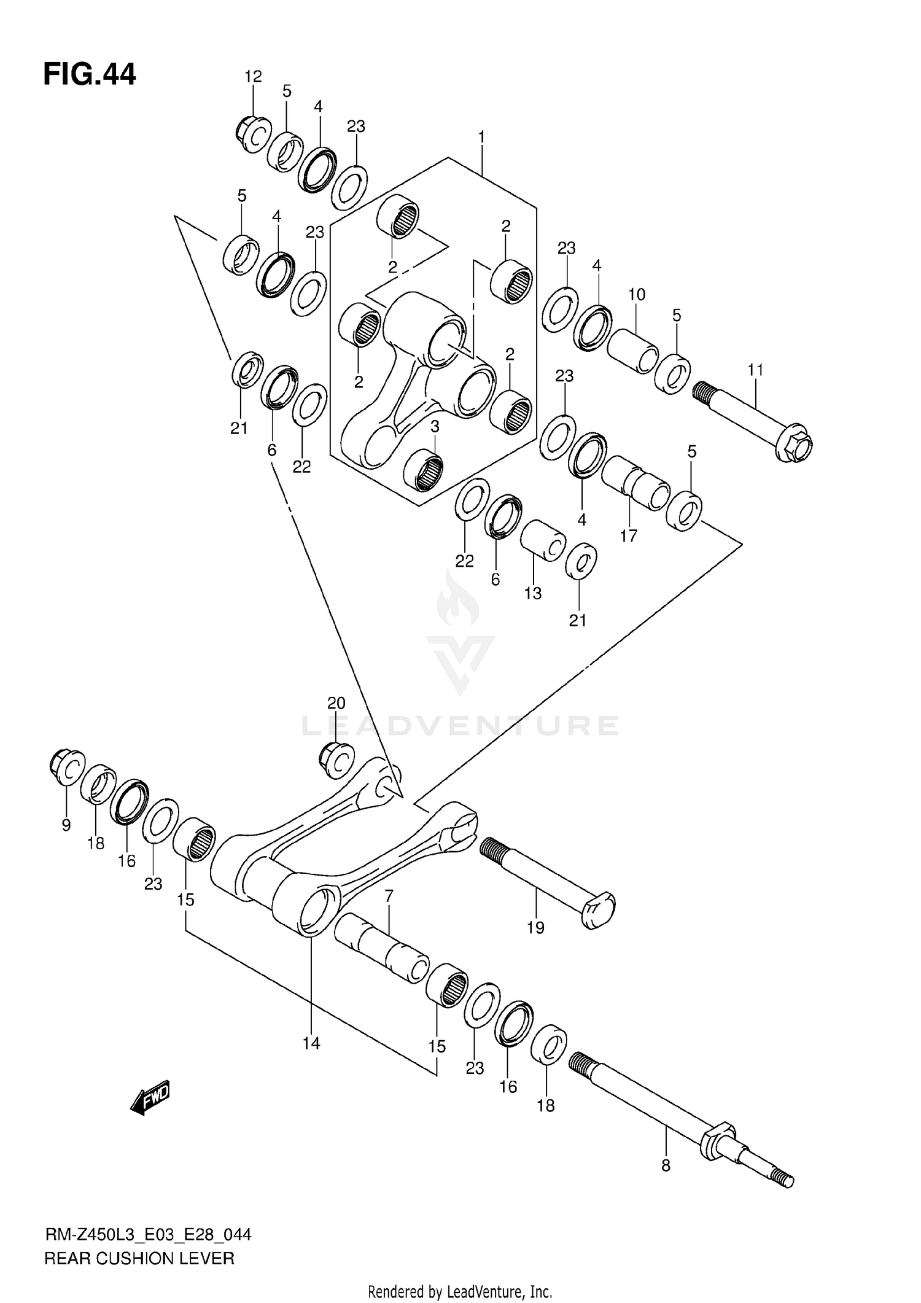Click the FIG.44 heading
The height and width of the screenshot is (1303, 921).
[x=90, y=75]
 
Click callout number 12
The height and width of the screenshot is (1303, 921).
[x=253, y=77]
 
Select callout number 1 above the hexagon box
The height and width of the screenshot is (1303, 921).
[x=482, y=136]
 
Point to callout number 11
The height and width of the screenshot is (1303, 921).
[x=755, y=370]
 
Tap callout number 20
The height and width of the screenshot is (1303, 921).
[x=336, y=703]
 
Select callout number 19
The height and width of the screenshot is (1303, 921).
[x=535, y=928]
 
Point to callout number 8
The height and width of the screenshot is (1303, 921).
[x=666, y=1165]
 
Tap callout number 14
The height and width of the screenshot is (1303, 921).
[x=311, y=1043]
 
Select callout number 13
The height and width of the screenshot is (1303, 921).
[x=533, y=593]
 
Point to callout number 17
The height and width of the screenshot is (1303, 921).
[x=628, y=535]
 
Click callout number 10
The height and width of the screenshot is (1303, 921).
[x=637, y=295]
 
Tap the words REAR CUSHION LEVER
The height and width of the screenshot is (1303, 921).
[x=139, y=1258]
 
